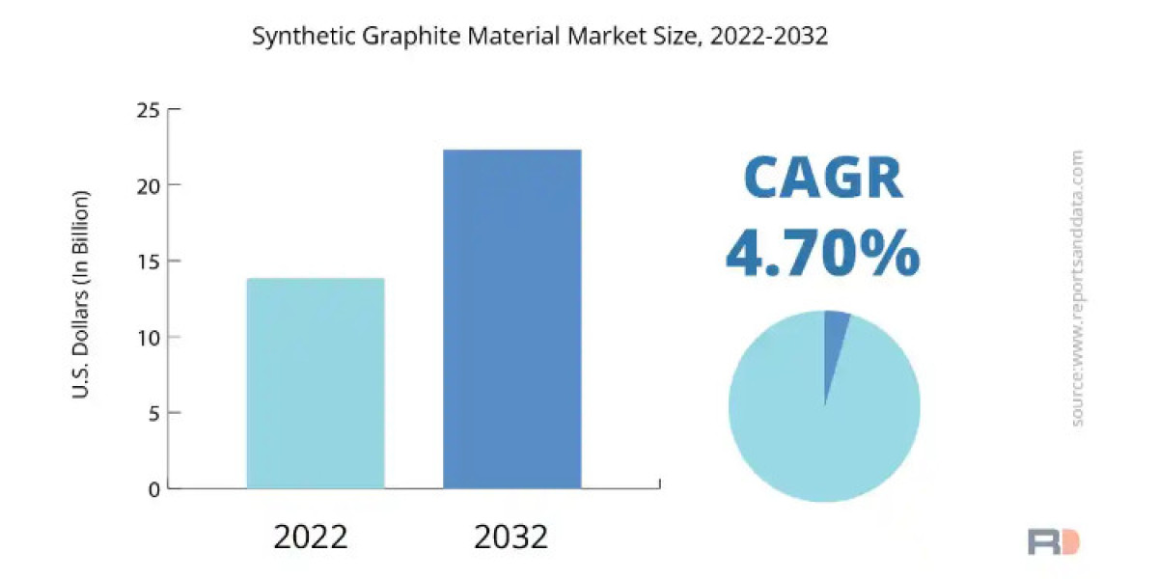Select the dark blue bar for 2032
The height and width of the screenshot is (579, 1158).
click(511, 318)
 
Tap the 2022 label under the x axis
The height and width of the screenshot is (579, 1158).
click(312, 537)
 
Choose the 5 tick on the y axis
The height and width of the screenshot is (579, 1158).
click(153, 413)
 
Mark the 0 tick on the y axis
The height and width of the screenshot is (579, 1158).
click(153, 489)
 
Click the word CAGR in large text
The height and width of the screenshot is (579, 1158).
click(823, 179)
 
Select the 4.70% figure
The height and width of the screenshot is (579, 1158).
click(822, 254)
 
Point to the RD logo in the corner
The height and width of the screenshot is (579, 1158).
click(1053, 541)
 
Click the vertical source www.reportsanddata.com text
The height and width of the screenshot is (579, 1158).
click(1077, 288)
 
